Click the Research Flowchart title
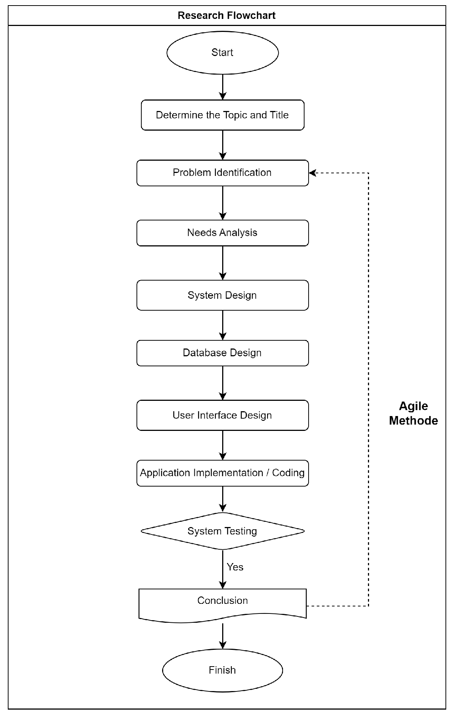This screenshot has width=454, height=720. (226, 16)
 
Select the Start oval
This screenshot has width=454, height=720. (222, 53)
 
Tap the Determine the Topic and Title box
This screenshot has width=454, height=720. (222, 115)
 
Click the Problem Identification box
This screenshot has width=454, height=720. (222, 173)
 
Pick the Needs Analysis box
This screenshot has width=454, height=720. (222, 233)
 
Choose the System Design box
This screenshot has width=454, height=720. (222, 295)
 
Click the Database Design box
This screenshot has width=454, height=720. (222, 353)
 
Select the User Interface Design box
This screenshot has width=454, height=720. (222, 415)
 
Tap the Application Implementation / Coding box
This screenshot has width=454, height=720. (222, 473)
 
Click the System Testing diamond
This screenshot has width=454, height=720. (222, 531)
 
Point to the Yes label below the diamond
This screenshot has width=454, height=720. (235, 567)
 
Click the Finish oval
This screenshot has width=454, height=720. (222, 670)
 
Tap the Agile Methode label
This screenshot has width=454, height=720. (413, 413)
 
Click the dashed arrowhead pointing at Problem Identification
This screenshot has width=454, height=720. (313, 173)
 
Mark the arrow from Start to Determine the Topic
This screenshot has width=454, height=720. (223, 87)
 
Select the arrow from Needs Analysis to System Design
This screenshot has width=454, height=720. (223, 263)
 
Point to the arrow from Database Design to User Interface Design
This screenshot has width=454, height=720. (223, 383)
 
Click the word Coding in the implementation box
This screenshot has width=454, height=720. (288, 473)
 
